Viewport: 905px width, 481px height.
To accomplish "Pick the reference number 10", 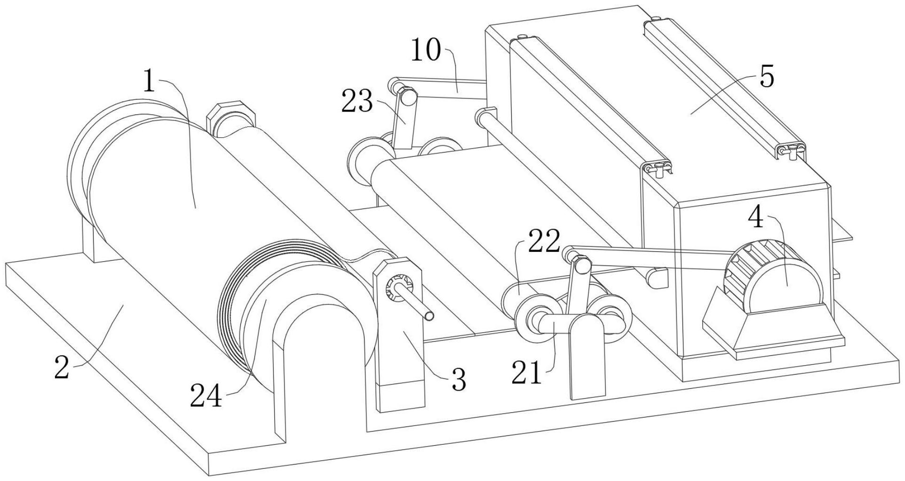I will (x=426, y=51).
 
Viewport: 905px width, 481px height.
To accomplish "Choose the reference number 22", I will (x=544, y=241).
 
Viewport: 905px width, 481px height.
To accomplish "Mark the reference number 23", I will (x=357, y=102).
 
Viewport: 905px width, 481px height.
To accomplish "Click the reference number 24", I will (x=206, y=397).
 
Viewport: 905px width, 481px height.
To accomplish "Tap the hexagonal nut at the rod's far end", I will (x=231, y=116).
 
